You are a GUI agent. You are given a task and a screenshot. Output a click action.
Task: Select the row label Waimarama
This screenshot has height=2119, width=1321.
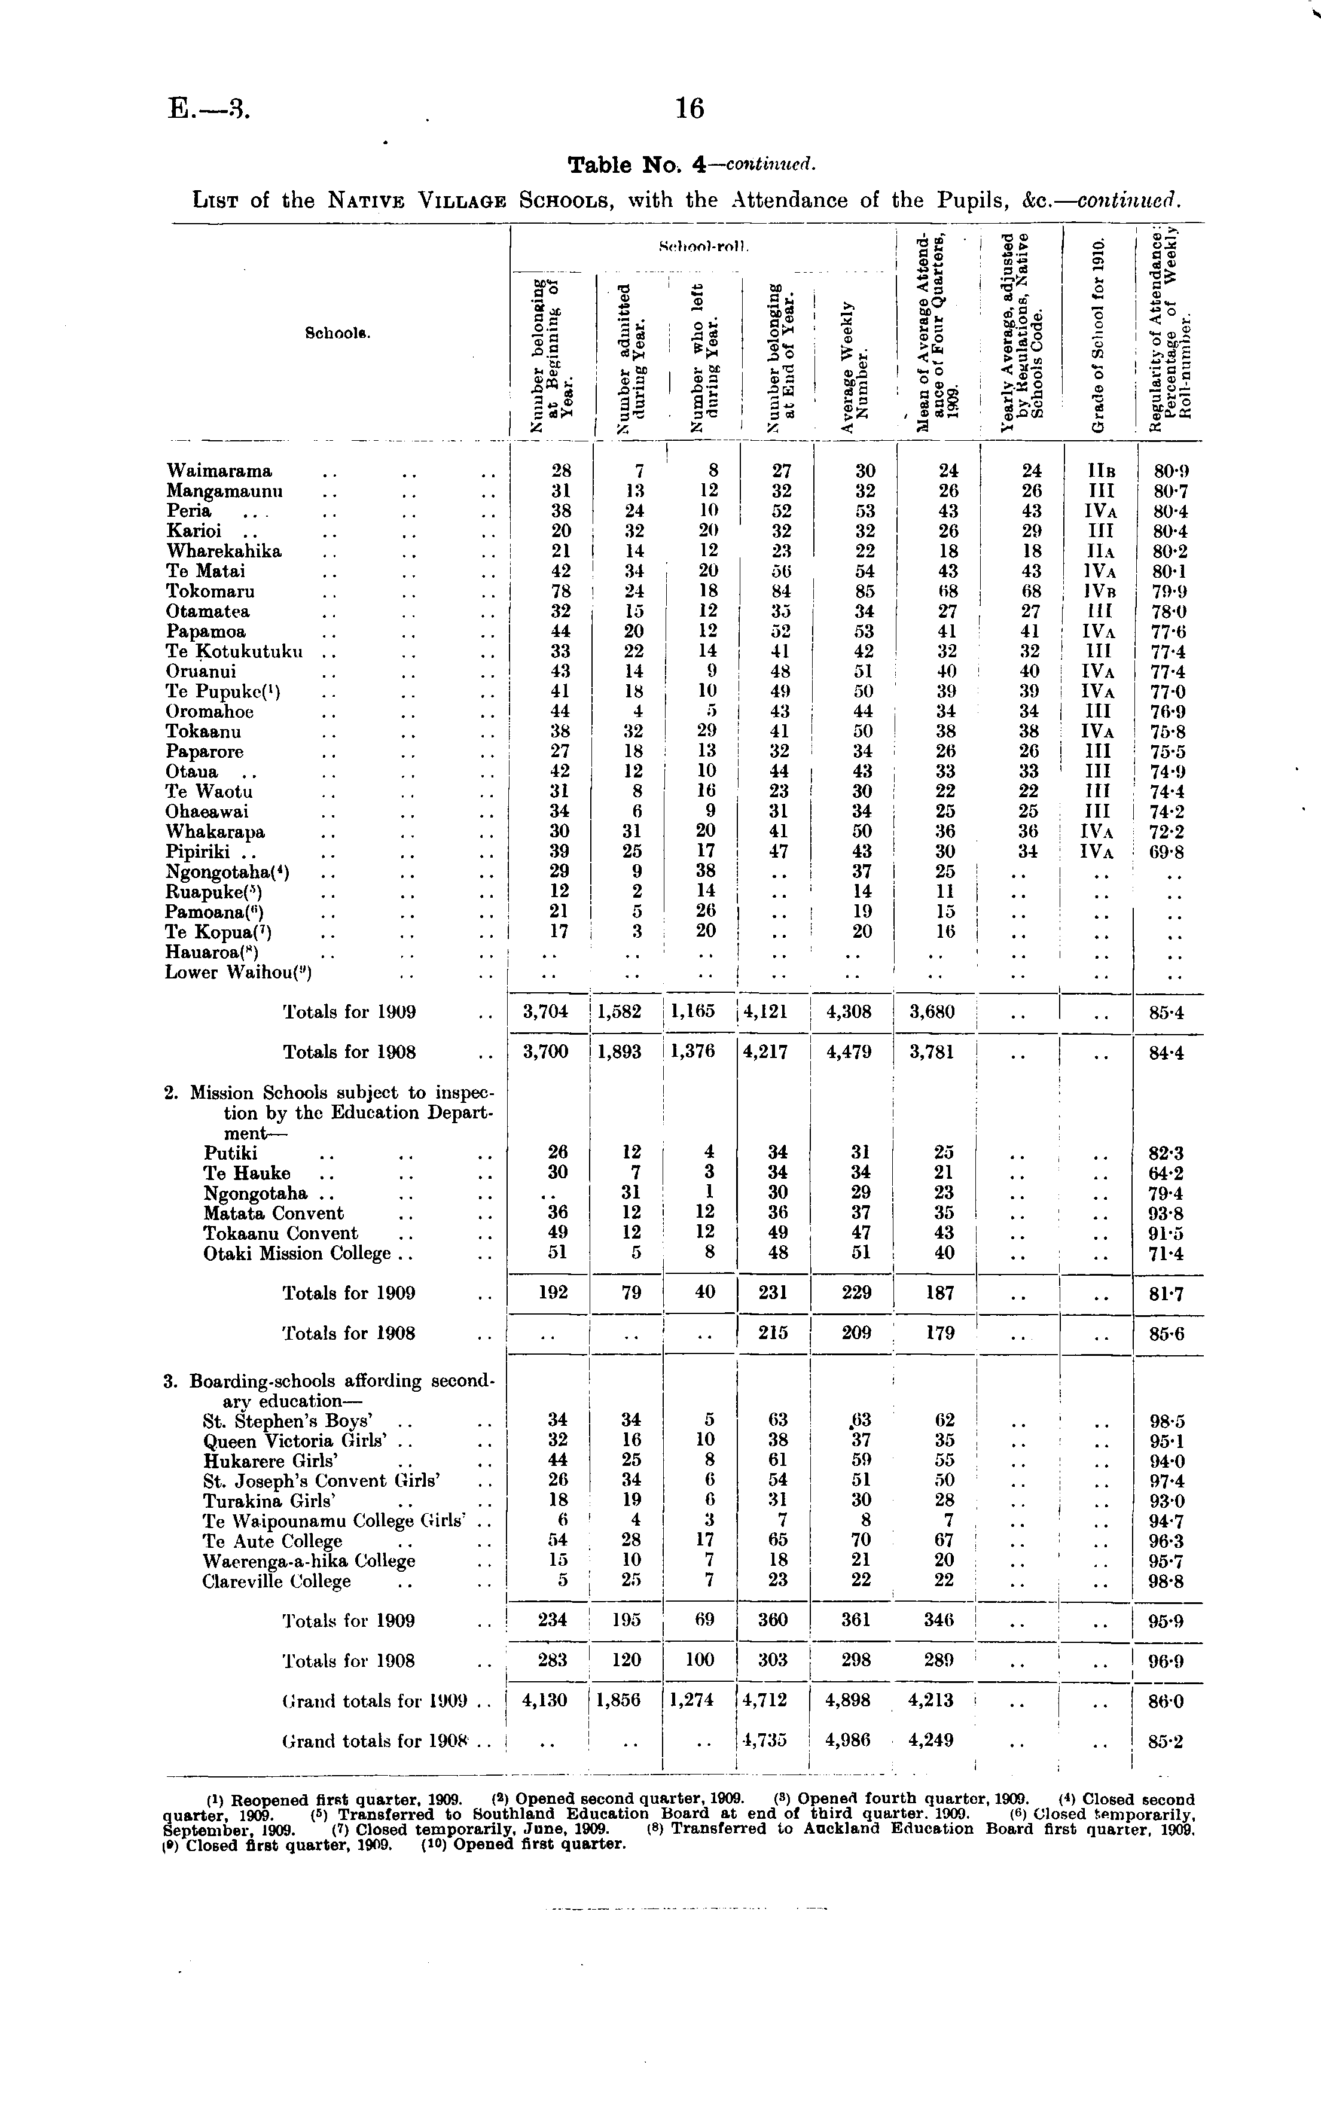pyautogui.click(x=219, y=472)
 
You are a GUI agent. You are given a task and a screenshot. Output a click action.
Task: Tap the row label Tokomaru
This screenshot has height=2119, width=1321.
pyautogui.click(x=210, y=592)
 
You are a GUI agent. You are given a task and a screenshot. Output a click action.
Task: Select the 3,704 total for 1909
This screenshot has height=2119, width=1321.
pyautogui.click(x=545, y=1012)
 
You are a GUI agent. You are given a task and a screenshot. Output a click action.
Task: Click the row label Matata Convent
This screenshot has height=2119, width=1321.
pyautogui.click(x=273, y=1214)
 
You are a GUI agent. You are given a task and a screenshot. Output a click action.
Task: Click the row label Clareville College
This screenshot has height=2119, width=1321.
pyautogui.click(x=276, y=1581)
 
